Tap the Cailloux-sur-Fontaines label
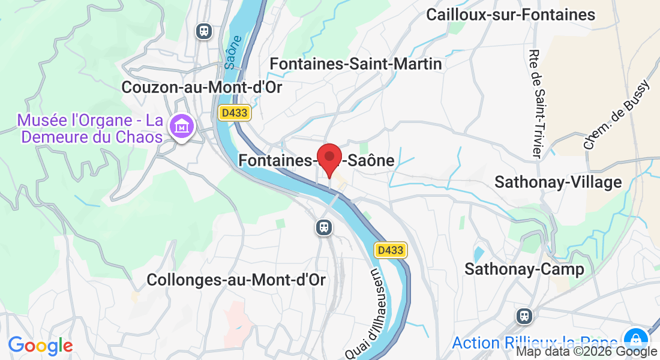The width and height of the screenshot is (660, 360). tap(511, 15)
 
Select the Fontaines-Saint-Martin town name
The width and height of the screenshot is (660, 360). tap(356, 64)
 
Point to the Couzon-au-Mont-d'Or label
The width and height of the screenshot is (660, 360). tap(202, 87)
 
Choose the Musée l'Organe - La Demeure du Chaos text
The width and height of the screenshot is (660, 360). tap(91, 128)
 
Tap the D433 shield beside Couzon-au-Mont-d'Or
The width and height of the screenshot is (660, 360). tap(233, 113)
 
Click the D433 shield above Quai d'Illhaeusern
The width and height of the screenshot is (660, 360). tap(391, 250)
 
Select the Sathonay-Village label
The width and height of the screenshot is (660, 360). tap(558, 182)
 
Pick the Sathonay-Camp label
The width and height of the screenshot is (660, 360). tap(524, 269)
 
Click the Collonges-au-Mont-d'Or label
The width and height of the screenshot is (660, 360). tap(236, 280)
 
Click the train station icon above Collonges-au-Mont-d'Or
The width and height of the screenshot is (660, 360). tap(324, 227)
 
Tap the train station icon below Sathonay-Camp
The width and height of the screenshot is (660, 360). tap(524, 316)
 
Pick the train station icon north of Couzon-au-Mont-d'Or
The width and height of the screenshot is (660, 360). tap(205, 31)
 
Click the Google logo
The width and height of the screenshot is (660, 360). tap(40, 346)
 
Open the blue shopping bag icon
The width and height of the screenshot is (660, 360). tap(635, 338)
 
